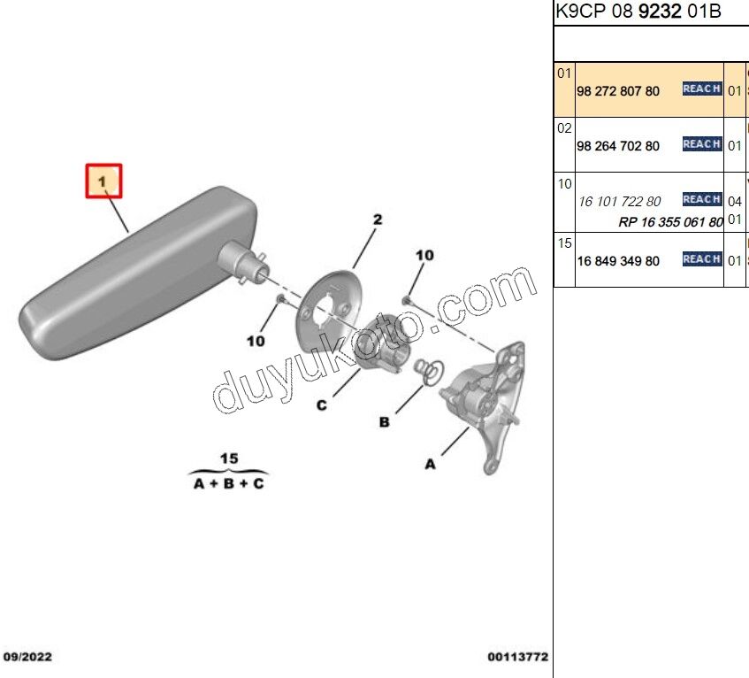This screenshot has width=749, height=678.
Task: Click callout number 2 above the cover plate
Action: (378, 220)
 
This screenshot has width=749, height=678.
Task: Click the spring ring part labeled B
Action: (430, 372)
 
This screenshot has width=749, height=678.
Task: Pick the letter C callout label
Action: (322, 405)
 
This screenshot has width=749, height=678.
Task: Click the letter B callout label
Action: (384, 422)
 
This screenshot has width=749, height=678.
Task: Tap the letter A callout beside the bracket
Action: (431, 464)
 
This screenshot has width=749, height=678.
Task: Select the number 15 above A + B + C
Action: (229, 458)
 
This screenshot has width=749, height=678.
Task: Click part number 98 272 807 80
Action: (618, 91)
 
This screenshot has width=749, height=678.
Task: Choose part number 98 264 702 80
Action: (618, 146)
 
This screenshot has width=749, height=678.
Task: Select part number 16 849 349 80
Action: (618, 261)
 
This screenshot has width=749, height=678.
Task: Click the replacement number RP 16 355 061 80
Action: (670, 222)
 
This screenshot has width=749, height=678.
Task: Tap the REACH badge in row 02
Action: (702, 144)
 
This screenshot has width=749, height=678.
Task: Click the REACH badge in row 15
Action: (702, 259)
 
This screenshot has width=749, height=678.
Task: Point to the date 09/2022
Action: (27, 657)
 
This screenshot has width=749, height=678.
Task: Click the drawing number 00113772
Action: (518, 657)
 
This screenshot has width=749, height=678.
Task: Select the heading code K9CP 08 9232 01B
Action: (638, 11)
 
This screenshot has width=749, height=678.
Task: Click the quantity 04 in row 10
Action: (735, 201)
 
